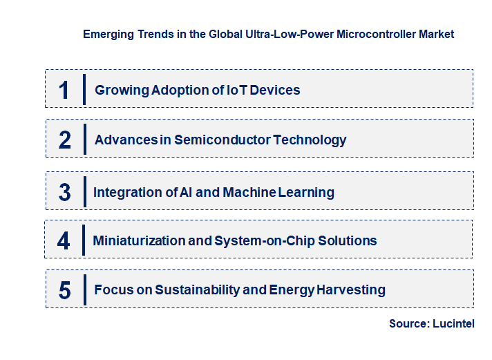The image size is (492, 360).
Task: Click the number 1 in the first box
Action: tap(64, 90)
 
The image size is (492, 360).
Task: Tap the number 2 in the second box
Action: tap(65, 140)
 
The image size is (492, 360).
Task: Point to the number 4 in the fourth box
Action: tap(64, 241)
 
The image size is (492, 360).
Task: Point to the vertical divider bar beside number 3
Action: tap(84, 191)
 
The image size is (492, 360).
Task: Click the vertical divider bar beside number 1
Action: tap(84, 89)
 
